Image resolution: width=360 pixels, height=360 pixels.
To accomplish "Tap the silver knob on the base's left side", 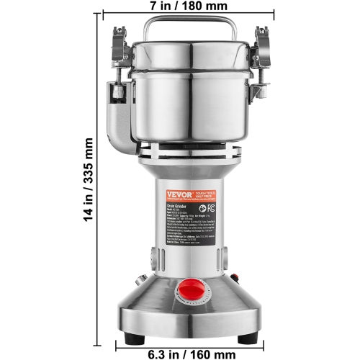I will coord(143,279).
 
